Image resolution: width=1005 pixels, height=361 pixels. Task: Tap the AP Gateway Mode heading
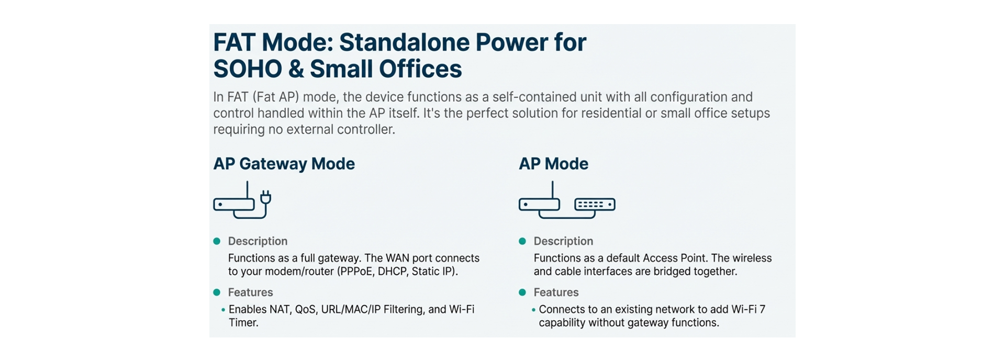point(284,164)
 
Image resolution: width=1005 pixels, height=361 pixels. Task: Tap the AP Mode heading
point(553,164)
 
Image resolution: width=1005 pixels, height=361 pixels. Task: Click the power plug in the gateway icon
point(265,197)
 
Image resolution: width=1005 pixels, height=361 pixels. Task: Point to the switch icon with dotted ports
point(595,205)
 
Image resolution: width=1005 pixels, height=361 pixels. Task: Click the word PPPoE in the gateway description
point(355,272)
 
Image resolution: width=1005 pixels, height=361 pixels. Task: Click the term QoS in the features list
point(305,309)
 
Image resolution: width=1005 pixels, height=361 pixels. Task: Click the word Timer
point(243,323)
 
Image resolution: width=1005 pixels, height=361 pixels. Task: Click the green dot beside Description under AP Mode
point(522,241)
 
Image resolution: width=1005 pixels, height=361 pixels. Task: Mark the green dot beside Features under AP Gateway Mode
point(217,292)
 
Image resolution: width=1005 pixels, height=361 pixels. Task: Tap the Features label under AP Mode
point(556,292)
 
